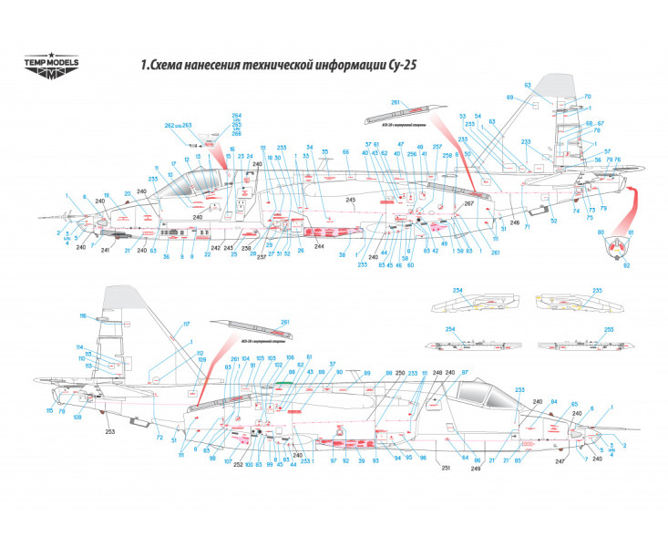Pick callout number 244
pyautogui.click(x=319, y=247)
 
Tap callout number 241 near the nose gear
pyautogui.click(x=106, y=250)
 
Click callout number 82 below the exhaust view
pyautogui.click(x=626, y=266)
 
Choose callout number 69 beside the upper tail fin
pyautogui.click(x=510, y=97)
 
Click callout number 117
pyautogui.click(x=187, y=325)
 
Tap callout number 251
pyautogui.click(x=447, y=468)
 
